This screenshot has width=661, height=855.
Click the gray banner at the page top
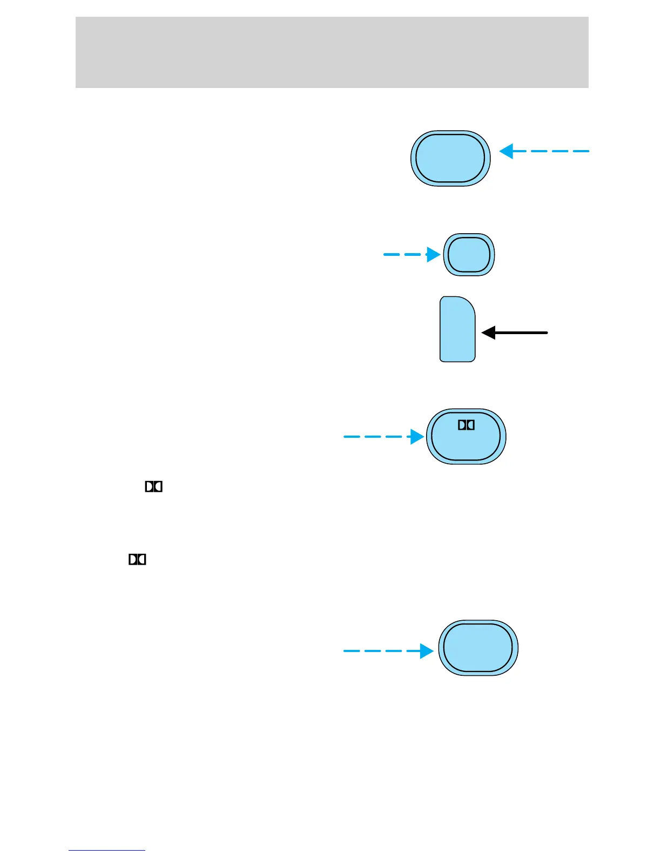point(332,52)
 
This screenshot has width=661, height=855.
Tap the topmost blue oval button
point(450,158)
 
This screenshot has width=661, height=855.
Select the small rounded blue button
point(469,255)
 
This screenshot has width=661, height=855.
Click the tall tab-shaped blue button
point(457,329)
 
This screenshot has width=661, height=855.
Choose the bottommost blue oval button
point(477,648)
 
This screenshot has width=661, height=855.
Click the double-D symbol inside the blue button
point(466,425)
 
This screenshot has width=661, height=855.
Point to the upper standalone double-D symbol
point(153,487)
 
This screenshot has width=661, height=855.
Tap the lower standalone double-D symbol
point(137,560)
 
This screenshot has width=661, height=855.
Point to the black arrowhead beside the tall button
point(488,332)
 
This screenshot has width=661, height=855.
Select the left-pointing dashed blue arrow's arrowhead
point(506,151)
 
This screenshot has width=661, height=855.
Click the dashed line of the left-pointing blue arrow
point(551,151)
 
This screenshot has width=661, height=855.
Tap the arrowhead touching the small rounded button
point(434,254)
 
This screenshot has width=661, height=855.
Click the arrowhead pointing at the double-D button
point(417,436)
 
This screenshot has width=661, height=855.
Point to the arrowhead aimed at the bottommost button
point(427,651)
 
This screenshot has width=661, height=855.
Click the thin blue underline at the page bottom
point(106,851)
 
